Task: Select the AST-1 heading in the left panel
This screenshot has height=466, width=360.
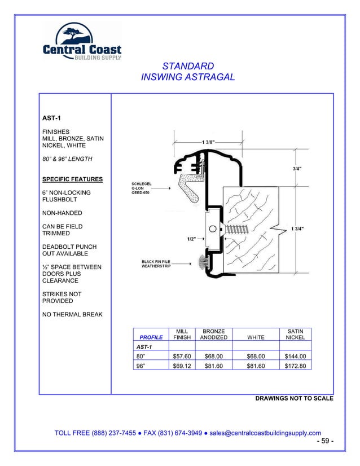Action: coord(52,118)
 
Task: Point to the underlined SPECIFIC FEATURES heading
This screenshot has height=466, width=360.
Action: coord(72,179)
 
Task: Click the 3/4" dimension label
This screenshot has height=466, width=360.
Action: coord(297,168)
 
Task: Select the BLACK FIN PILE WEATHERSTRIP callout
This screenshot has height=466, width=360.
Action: coord(157,263)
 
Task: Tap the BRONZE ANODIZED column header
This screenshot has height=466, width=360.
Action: coord(213,334)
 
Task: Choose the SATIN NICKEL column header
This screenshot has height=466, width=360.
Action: coord(295,334)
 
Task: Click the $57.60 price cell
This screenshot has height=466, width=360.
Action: coord(182,356)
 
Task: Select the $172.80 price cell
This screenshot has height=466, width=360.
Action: coord(295,366)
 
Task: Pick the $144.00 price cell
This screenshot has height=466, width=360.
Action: coord(295,356)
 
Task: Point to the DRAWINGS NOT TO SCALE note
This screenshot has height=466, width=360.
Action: coord(294,398)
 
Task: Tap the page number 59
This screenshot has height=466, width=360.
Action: coord(324,441)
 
